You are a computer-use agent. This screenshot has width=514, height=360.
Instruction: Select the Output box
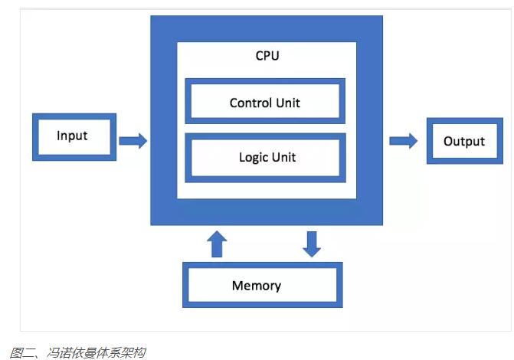[x=464, y=141]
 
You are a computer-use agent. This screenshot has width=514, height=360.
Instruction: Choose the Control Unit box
[x=265, y=102]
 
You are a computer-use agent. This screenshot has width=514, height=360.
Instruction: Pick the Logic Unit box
[x=265, y=157]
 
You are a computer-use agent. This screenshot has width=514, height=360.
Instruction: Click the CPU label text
[x=268, y=57]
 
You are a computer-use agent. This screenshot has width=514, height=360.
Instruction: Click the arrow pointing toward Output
[x=404, y=140]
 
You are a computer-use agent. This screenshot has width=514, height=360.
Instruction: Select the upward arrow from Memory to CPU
[x=218, y=244]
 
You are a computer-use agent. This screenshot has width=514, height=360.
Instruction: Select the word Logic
[x=253, y=158]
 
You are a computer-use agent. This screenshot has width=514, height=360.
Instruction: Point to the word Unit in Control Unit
[x=288, y=103]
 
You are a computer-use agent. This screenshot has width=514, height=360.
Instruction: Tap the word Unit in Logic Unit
[x=282, y=157]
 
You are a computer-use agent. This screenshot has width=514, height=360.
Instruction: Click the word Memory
[x=257, y=286]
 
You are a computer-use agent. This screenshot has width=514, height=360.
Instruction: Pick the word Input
[x=72, y=136]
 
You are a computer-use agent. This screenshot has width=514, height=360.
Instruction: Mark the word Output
[x=464, y=142]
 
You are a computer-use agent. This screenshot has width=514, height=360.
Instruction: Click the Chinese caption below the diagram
[x=77, y=352]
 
